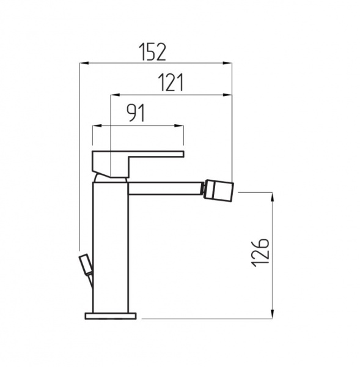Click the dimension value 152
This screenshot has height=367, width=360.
(x=152, y=52)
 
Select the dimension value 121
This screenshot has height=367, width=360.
(x=171, y=83)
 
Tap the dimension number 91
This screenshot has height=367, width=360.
(x=136, y=113)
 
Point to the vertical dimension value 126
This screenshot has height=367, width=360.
(x=260, y=253)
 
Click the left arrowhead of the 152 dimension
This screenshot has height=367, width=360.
(x=84, y=63)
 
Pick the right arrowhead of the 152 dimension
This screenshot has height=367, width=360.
(x=227, y=63)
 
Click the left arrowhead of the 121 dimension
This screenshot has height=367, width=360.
(x=115, y=95)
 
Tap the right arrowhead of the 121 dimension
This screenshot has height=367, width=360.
(x=227, y=95)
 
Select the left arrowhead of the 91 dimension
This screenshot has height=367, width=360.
(x=97, y=126)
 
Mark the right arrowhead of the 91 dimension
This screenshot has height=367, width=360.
(x=179, y=126)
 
